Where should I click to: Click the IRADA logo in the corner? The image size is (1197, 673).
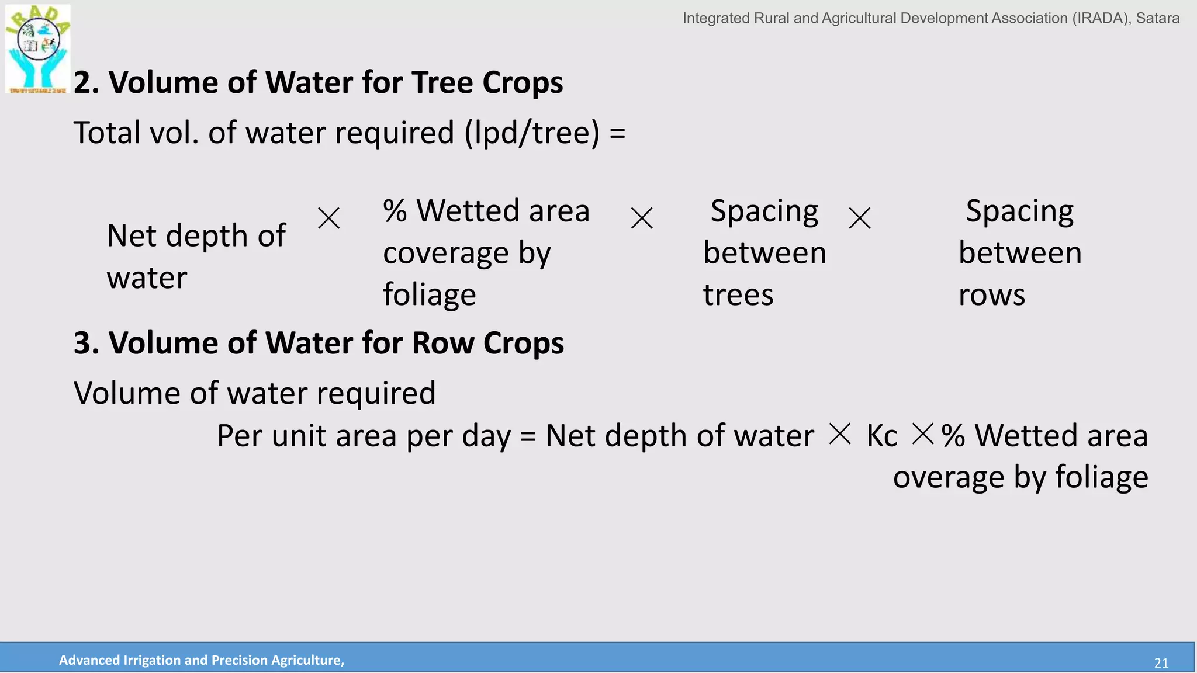pos(37,48)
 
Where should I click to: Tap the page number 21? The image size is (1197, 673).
pos(1161,663)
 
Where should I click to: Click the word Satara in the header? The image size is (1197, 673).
pos(1157,18)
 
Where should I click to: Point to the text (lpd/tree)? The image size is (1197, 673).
pos(532,133)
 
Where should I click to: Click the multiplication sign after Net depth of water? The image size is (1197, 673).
pos(328,218)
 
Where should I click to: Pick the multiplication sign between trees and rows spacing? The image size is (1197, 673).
pos(859,218)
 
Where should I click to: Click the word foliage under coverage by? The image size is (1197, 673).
pos(429,294)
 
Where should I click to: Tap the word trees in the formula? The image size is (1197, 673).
pos(738,294)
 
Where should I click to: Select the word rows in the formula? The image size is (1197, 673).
pos(991,294)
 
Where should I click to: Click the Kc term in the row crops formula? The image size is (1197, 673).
pos(881,436)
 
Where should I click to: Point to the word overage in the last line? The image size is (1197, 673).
pos(948,477)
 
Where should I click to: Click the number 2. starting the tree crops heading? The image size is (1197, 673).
pos(86,82)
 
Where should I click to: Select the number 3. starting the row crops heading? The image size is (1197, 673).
pos(86,343)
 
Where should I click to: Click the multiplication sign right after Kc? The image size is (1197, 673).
pos(923,434)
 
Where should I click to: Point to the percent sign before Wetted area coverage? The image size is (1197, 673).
pos(395,211)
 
